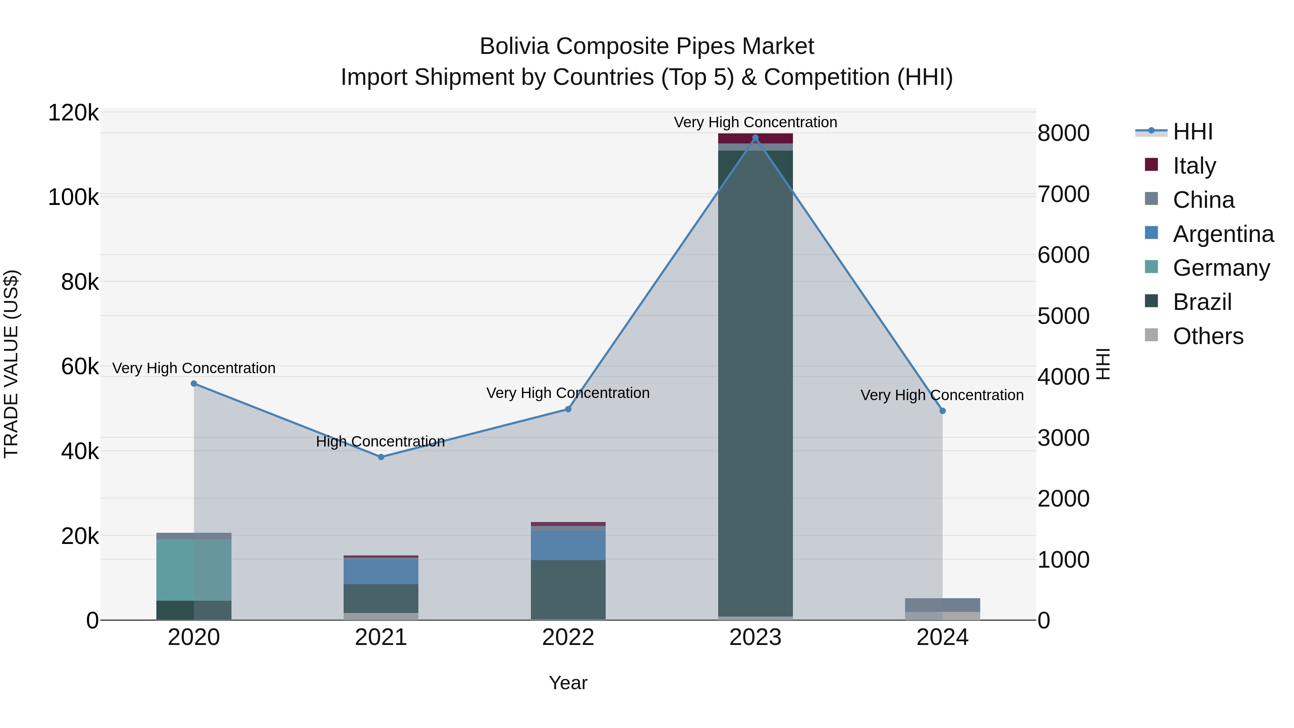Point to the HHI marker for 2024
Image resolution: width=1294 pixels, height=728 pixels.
942,411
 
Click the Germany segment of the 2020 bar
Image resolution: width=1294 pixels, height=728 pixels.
193,570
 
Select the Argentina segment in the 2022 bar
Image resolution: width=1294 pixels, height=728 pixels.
568,546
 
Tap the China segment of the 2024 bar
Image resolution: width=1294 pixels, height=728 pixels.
942,605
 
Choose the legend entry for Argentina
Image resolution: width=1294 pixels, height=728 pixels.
1223,234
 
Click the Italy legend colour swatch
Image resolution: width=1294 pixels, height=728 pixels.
1151,165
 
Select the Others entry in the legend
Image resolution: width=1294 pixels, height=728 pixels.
1208,336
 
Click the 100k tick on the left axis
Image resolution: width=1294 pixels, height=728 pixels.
73,197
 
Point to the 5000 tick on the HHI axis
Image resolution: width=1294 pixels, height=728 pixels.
1064,316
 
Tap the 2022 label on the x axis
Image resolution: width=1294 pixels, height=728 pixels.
568,637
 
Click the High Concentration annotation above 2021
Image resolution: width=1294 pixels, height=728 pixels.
380,441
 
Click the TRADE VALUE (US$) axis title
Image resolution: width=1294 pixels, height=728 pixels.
11,364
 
